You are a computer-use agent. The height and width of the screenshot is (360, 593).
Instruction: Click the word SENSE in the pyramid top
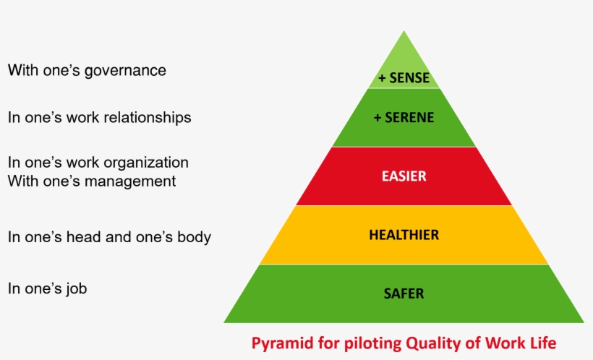click(x=409, y=77)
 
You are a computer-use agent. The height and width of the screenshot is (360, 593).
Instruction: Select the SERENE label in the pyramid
click(x=409, y=118)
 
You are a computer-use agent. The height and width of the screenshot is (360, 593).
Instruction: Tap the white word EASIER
click(x=404, y=176)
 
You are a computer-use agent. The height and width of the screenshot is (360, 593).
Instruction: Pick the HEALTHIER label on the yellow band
click(x=404, y=235)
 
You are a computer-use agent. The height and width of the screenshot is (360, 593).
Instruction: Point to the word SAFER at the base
click(x=404, y=293)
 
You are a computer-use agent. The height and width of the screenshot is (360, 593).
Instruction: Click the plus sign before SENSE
click(x=382, y=78)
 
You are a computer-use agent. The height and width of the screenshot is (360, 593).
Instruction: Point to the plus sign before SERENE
click(x=377, y=118)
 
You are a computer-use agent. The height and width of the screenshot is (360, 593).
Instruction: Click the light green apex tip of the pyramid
click(x=404, y=31)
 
